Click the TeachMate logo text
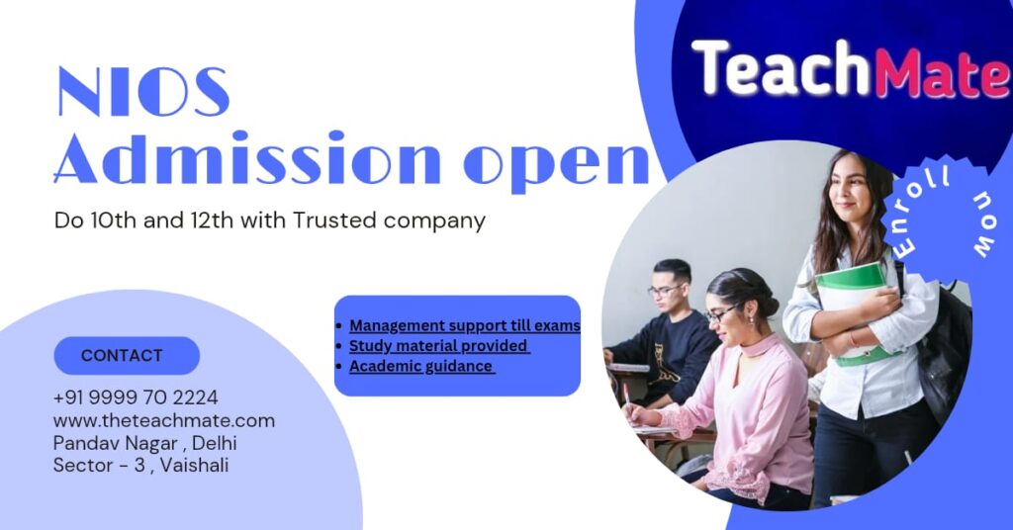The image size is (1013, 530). [x=849, y=69]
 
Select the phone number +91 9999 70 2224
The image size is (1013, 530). [x=136, y=397]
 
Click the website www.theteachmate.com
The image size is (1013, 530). [x=164, y=420]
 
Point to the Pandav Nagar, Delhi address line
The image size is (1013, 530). [x=144, y=442]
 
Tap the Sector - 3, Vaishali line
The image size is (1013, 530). [x=140, y=465]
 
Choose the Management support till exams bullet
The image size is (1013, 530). [x=464, y=325]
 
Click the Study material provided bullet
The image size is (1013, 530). [x=439, y=346]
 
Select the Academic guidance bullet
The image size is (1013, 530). [x=421, y=366]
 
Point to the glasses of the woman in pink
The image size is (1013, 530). [x=720, y=315]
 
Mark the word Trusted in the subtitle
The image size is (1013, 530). [x=332, y=221]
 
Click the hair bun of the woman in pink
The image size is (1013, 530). [x=767, y=294]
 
